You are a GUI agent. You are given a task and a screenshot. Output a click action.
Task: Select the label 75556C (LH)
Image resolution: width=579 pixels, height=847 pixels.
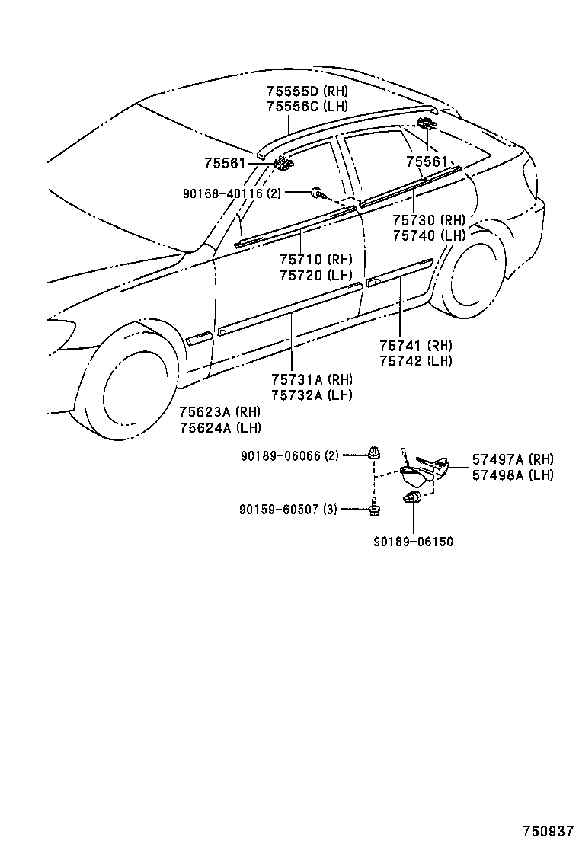coord(307,106)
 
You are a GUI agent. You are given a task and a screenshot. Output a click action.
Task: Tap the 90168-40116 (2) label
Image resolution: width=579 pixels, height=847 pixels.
coord(232,193)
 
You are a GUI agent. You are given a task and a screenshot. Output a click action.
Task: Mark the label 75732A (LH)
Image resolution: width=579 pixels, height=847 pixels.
coord(312,395)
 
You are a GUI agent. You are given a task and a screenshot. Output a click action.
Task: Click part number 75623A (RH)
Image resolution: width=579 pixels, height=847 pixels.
coord(219,412)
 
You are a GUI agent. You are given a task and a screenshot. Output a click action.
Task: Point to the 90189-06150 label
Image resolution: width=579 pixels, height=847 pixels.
coord(413,542)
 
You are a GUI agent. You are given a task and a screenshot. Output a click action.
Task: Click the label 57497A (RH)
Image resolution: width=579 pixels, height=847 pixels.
coord(512,459)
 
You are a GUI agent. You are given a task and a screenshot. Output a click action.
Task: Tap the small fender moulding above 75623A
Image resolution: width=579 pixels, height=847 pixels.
coord(199,337)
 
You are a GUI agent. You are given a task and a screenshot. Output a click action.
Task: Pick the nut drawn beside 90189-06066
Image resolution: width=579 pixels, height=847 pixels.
coord(373,454)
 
